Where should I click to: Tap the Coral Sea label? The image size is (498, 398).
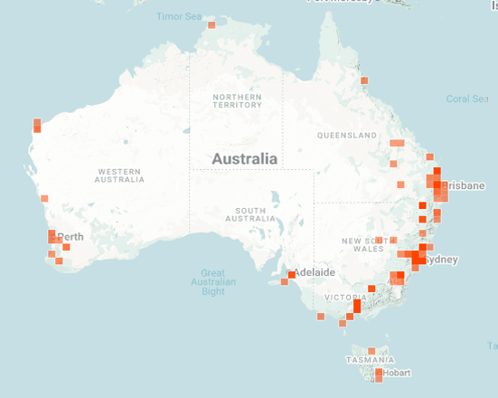coord(467,99)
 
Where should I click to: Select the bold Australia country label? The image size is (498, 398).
coord(244,159)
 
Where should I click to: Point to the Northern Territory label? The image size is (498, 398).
coord(237,100)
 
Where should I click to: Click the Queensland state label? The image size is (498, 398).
coord(346,136)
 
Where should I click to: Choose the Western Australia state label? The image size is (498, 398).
coord(119,175)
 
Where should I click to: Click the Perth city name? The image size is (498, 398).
coord(71,237)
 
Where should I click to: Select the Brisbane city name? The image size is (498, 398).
coord(465,185)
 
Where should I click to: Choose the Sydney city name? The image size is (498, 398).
coord(442,261)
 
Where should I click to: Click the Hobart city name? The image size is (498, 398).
coord(398,373)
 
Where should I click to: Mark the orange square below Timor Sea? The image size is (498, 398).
coord(211,25)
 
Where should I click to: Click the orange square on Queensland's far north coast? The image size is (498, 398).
coord(364,81)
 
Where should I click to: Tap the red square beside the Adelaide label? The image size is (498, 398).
coord(291,274)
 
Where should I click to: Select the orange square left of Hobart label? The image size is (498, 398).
coord(380,373)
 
